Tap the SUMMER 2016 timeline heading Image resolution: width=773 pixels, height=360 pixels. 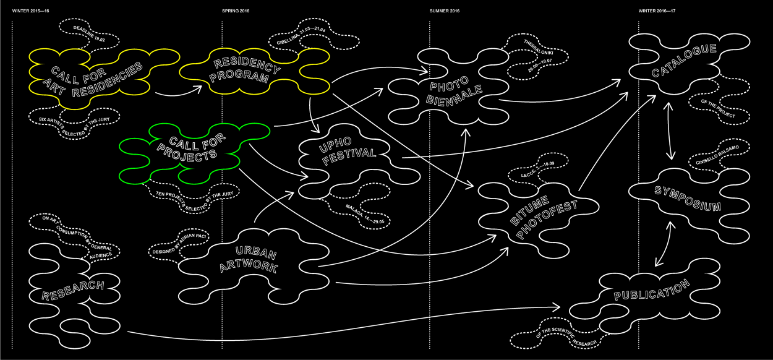point(445,11)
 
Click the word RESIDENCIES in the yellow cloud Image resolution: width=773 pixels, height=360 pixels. point(108,79)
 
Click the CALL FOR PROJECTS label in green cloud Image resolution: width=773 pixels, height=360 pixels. point(184,148)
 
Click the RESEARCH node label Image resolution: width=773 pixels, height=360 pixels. point(72,290)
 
